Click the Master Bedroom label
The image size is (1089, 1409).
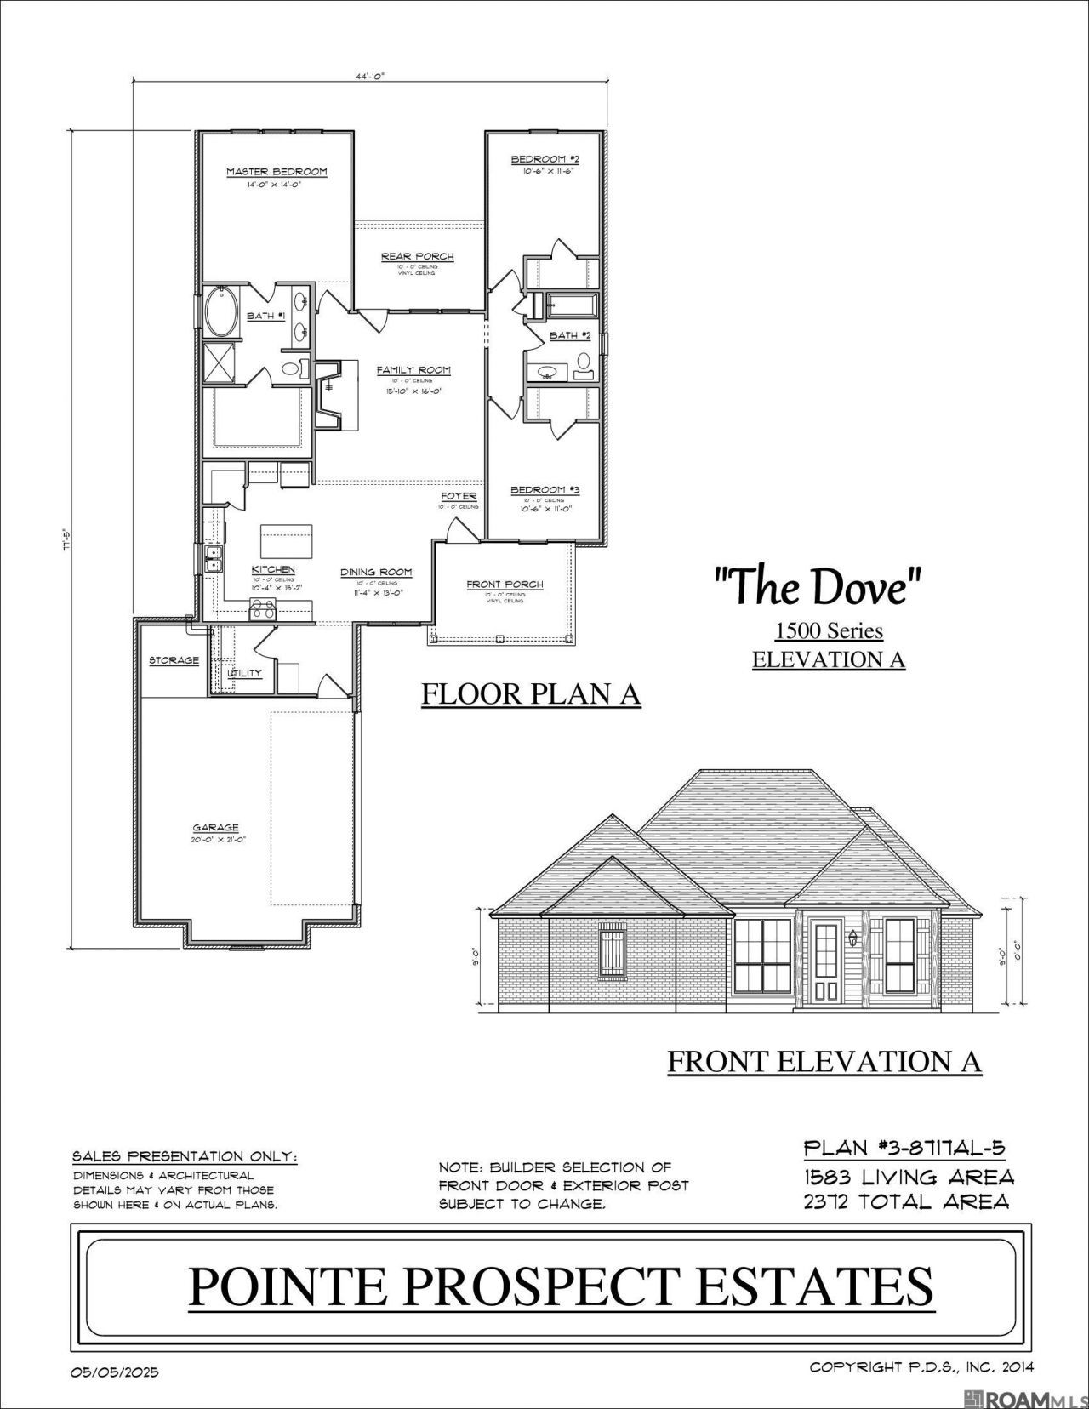click(277, 172)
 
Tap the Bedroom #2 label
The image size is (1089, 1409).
click(545, 159)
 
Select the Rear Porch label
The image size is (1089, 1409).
click(417, 256)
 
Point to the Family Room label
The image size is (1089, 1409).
click(413, 370)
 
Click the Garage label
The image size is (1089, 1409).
click(215, 827)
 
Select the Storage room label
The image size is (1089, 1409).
click(174, 660)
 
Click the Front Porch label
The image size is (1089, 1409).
click(505, 585)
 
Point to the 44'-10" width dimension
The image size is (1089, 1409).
click(370, 77)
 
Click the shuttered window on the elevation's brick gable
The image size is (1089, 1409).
click(613, 956)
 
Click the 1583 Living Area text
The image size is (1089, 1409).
click(909, 1177)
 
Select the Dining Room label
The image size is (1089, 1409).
click(376, 572)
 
